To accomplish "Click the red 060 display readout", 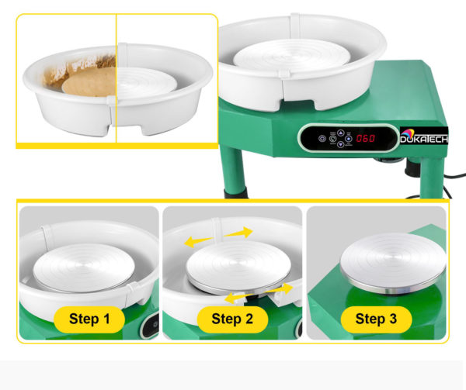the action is [x=366, y=138].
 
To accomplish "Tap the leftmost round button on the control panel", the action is [x=322, y=139].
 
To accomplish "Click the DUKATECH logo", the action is [x=424, y=136].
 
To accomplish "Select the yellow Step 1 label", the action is [x=89, y=319].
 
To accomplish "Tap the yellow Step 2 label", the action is [x=232, y=319].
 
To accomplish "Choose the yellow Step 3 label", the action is [x=376, y=319].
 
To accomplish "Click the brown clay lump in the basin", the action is [x=89, y=81].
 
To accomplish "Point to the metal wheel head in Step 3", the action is [x=393, y=264].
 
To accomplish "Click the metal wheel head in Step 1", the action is [x=84, y=267].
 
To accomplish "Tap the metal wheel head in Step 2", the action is [x=238, y=267].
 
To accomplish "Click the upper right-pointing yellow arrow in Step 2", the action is [x=238, y=233].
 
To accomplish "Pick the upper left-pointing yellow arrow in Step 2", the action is [x=198, y=242].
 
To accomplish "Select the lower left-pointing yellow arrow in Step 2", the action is [x=238, y=298].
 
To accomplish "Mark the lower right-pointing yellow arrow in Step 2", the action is [x=280, y=289].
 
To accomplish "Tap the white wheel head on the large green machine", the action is [x=291, y=56].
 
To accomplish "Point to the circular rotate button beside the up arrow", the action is [x=332, y=139].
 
